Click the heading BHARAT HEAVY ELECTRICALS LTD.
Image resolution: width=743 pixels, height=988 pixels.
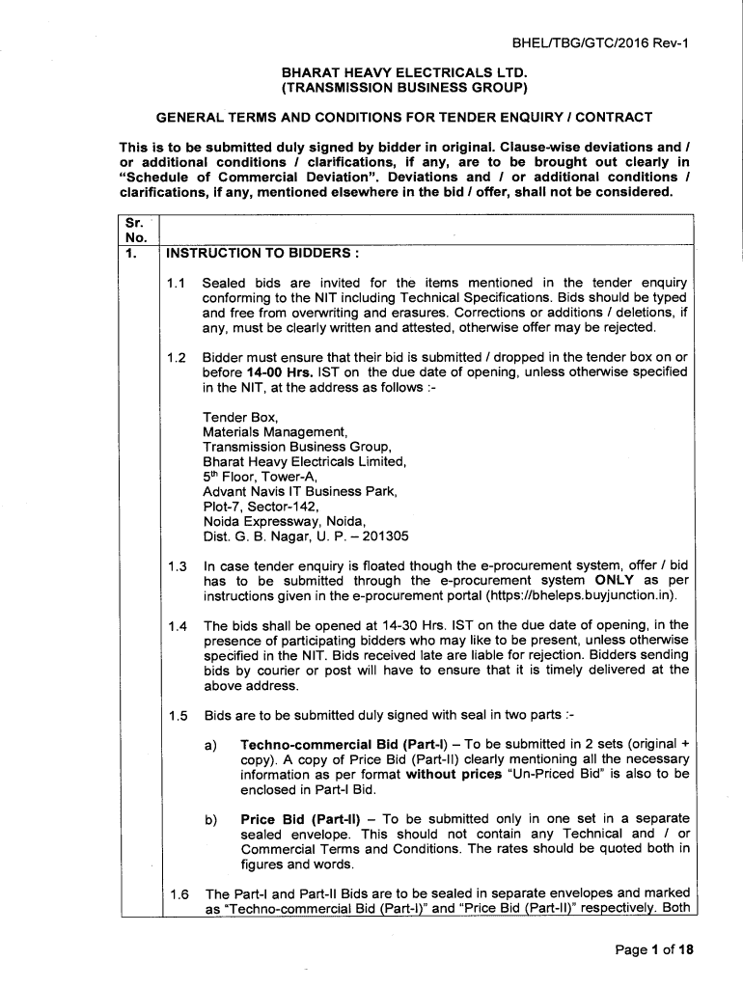(x=404, y=72)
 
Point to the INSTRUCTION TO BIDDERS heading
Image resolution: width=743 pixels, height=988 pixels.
(x=262, y=255)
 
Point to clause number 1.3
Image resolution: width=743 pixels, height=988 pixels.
(x=176, y=566)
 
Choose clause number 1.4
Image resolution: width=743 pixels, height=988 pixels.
(x=176, y=626)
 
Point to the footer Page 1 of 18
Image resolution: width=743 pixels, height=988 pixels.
(x=654, y=949)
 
